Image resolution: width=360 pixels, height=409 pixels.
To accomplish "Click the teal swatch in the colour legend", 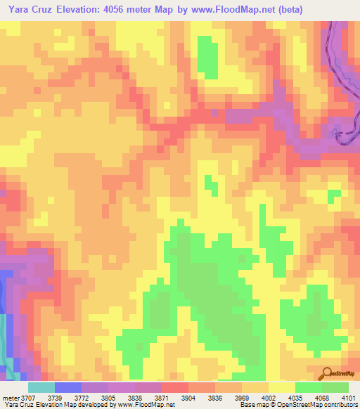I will coord(41,387).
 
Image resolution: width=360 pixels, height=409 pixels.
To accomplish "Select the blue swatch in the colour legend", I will coord(67,387).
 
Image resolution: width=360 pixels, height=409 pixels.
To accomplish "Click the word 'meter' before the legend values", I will coord(11,398).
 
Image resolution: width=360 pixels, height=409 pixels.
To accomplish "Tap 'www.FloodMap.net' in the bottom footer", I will coord(147,405).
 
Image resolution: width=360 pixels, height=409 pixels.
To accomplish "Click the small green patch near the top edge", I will coord(207,55).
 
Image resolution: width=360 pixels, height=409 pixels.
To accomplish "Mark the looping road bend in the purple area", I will coord(345,134).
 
